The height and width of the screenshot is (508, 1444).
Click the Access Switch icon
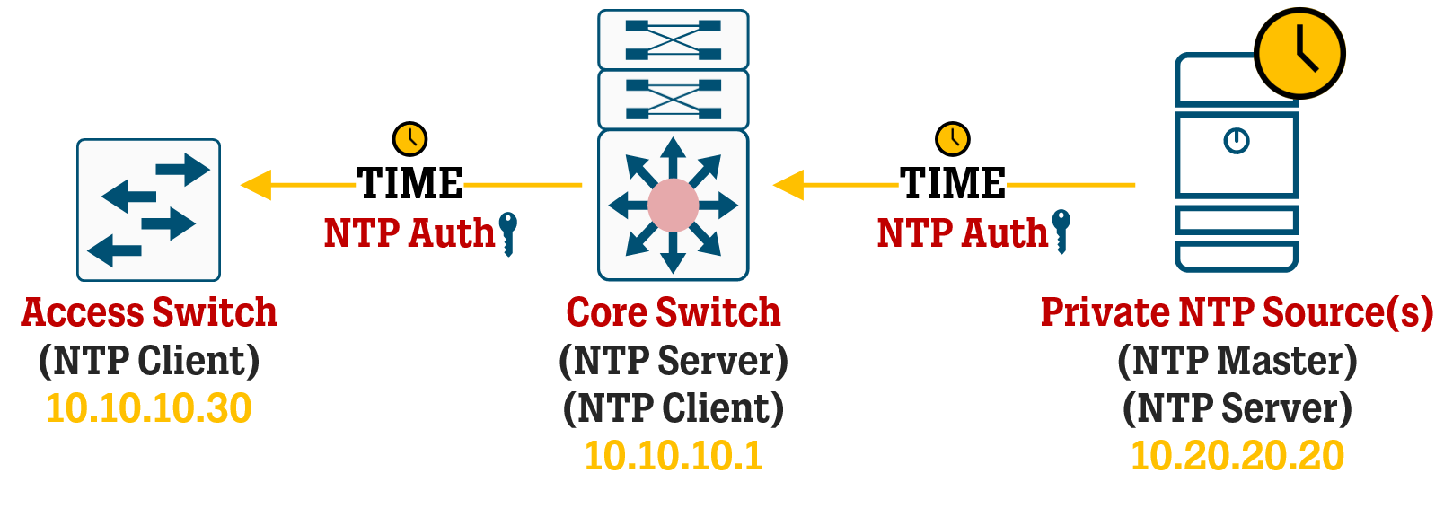pyautogui.click(x=148, y=210)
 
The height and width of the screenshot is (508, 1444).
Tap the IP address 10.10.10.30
pyautogui.click(x=149, y=408)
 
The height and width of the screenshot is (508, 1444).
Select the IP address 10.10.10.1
pyautogui.click(x=673, y=456)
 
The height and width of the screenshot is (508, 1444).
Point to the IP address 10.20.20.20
pyautogui.click(x=1237, y=456)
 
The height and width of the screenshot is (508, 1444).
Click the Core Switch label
pyautogui.click(x=673, y=312)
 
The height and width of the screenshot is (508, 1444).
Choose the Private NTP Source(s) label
pyautogui.click(x=1237, y=312)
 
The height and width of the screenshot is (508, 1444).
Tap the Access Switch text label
pyautogui.click(x=149, y=312)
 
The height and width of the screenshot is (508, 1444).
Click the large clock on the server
pyautogui.click(x=1299, y=53)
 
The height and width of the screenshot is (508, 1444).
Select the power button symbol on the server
pyautogui.click(x=1237, y=141)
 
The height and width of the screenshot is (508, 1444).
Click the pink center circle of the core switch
pyautogui.click(x=673, y=206)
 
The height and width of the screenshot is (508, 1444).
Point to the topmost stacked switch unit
pyautogui.click(x=673, y=39)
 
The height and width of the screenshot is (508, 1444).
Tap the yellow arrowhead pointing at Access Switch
pyautogui.click(x=256, y=185)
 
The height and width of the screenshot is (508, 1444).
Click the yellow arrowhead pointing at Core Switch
pyautogui.click(x=788, y=185)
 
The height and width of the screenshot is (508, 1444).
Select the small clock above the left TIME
pyautogui.click(x=409, y=139)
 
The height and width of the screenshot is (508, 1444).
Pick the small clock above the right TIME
pyautogui.click(x=953, y=139)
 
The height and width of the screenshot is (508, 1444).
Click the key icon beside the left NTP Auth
pyautogui.click(x=508, y=232)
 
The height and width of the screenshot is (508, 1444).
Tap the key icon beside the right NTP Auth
pyautogui.click(x=1061, y=231)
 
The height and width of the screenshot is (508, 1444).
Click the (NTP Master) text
pyautogui.click(x=1237, y=361)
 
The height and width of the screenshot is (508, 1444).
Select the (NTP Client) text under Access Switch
pyautogui.click(x=149, y=361)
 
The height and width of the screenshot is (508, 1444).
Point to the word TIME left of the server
pyautogui.click(x=953, y=184)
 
